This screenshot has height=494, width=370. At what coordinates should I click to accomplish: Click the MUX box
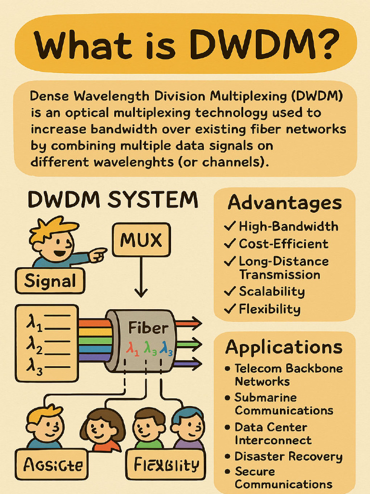141,239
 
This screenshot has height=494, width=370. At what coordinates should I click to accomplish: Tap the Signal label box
50,281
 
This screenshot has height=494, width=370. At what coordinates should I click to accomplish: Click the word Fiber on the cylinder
148,329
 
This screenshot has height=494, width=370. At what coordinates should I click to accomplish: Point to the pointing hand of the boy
99,253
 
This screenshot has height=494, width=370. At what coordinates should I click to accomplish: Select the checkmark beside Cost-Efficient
231,244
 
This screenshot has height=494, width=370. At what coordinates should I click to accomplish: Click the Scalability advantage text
272,291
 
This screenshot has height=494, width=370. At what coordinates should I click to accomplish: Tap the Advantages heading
284,203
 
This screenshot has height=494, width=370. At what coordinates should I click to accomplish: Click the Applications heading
284,347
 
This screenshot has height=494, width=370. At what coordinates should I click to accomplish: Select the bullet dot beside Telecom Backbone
228,369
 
